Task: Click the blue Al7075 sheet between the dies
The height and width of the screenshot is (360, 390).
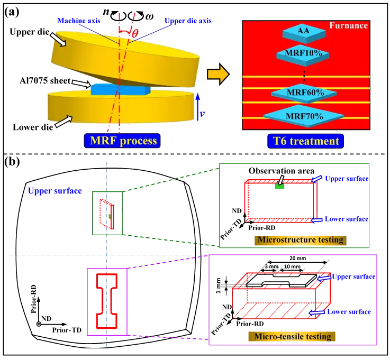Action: [121, 89]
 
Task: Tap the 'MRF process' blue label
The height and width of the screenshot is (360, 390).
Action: [122, 141]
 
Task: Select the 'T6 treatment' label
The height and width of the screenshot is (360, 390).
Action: [306, 141]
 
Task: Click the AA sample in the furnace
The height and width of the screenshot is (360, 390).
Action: [304, 32]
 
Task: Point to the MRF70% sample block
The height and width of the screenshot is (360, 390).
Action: [304, 117]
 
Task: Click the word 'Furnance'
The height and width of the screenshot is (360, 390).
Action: [349, 25]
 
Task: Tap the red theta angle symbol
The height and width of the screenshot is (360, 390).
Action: [134, 33]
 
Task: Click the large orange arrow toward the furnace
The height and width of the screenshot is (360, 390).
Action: [218, 74]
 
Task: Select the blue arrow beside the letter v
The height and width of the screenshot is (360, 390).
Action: [198, 107]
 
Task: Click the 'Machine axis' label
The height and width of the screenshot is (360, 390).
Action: [79, 21]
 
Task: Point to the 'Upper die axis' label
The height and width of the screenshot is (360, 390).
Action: [188, 21]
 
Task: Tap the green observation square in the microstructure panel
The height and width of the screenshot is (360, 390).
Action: [279, 186]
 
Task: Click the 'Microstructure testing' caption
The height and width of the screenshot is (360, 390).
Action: [301, 240]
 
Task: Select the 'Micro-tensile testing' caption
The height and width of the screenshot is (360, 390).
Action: [293, 336]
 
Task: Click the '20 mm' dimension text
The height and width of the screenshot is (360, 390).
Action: [298, 259]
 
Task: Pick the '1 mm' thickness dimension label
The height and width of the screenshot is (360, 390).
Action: [218, 285]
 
